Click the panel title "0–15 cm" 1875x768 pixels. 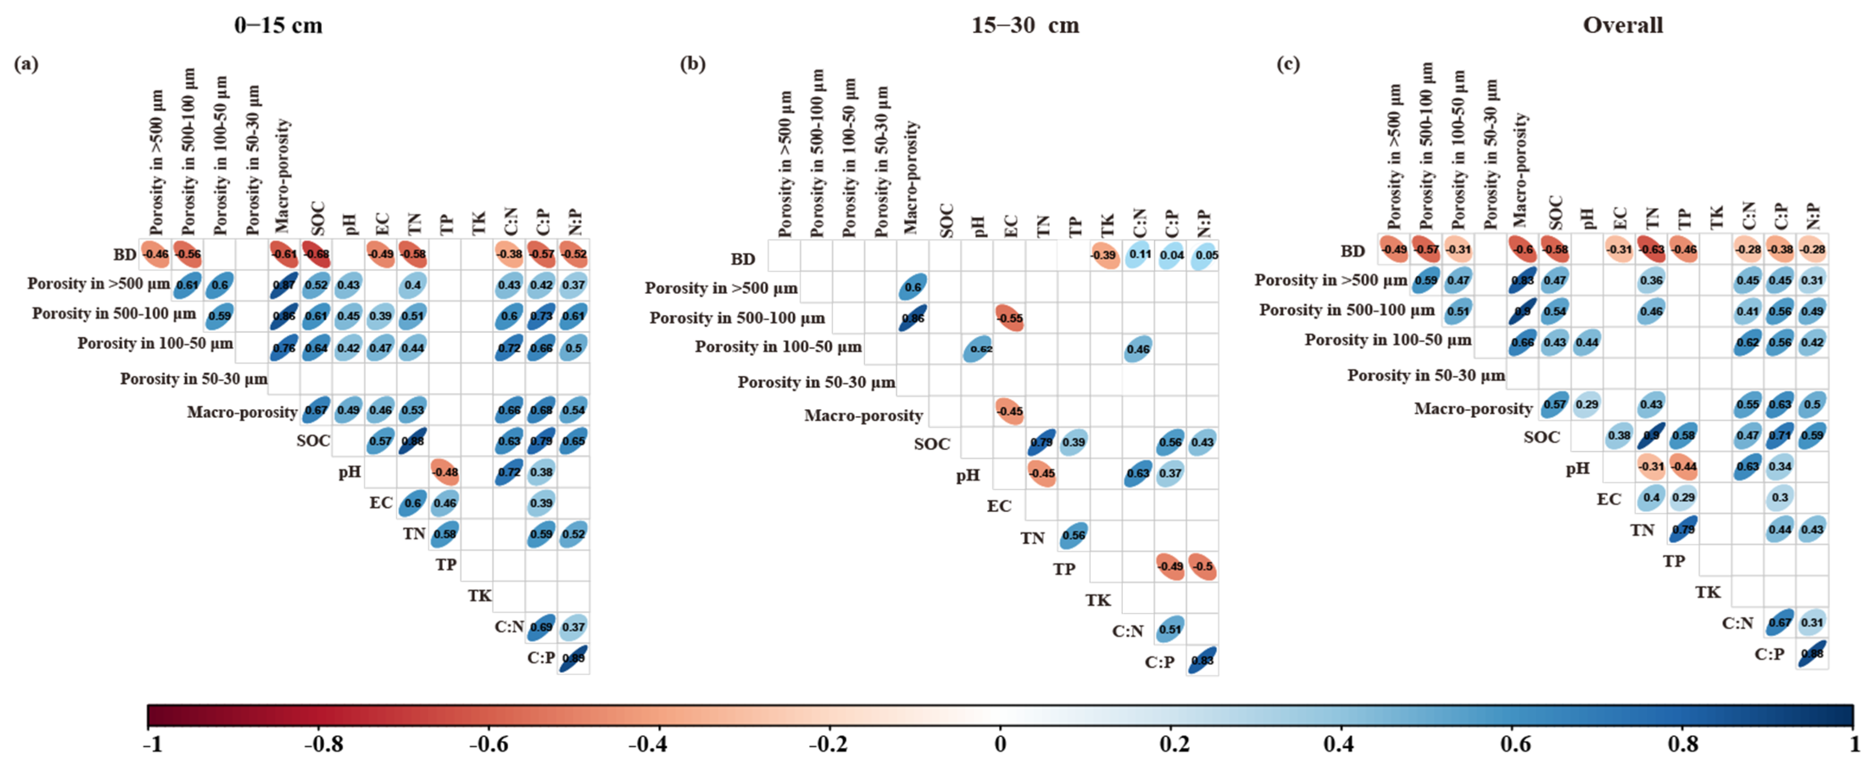278,25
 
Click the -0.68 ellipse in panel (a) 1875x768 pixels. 316,254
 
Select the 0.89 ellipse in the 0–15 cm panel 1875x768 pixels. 573,658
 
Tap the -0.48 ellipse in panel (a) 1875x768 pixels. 445,472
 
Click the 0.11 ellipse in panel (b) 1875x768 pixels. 1138,255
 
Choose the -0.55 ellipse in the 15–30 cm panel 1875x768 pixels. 1010,318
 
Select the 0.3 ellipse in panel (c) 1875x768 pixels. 1780,498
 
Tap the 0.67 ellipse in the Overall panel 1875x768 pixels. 1780,623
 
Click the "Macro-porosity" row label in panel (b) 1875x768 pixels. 863,416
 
